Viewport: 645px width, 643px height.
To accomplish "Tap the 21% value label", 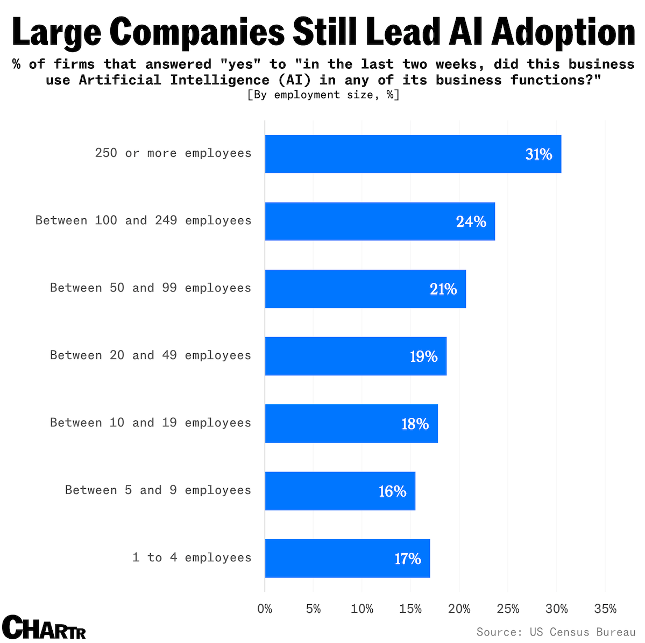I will pos(443,289).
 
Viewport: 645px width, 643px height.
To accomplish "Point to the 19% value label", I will pos(423,356).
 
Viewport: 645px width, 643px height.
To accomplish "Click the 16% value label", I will pos(392,491).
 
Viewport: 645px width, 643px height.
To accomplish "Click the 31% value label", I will pos(538,155).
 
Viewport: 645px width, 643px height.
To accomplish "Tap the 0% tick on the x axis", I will pos(265,609).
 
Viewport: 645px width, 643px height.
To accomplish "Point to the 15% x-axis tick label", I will pos(410,609).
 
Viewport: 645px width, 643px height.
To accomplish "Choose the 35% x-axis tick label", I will pos(605,609).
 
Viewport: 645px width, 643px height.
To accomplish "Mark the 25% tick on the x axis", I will pos(508,609).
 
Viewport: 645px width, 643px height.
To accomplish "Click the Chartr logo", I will pos(44,627).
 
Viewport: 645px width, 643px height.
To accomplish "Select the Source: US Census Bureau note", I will pos(556,632).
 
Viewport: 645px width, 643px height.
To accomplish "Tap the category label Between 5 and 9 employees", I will pos(158,490).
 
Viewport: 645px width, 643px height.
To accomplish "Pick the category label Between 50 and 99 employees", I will pos(151,288).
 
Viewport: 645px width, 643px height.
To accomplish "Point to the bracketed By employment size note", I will pos(323,95).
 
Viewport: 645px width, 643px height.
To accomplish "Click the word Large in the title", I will pos(56,32).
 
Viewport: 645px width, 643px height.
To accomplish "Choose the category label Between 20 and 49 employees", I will pos(151,355).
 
